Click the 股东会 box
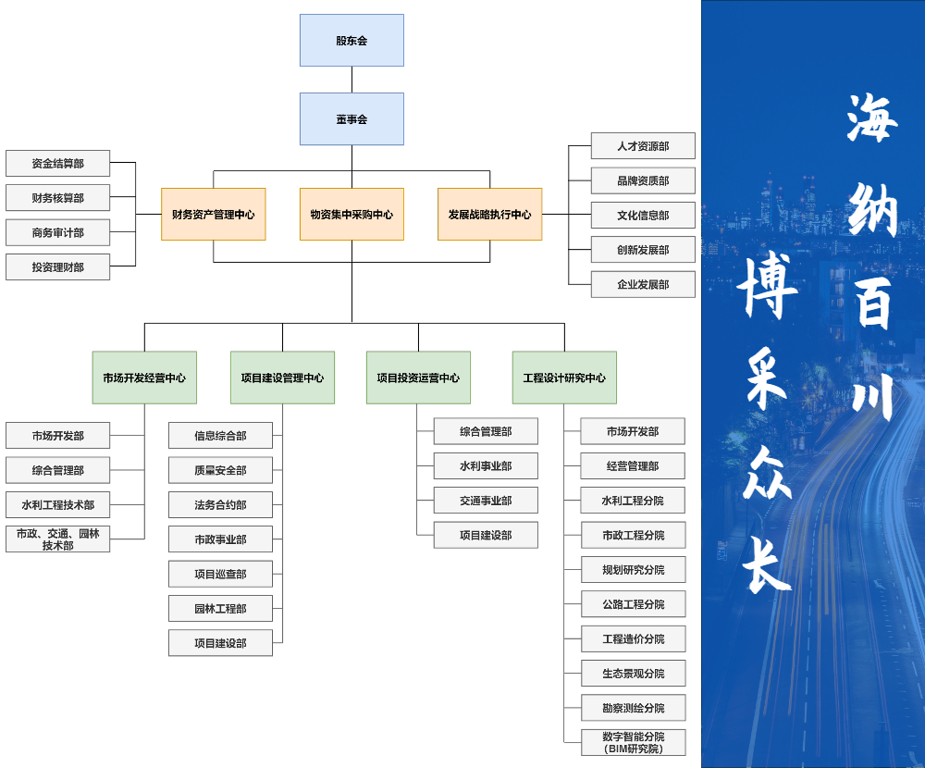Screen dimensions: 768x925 [x=351, y=40]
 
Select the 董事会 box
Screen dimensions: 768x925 [x=351, y=118]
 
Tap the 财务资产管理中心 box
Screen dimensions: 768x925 [x=213, y=214]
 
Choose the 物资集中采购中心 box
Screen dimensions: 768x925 [x=351, y=214]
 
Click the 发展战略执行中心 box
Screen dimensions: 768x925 [x=489, y=214]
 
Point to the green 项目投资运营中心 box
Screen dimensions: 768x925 [x=418, y=378]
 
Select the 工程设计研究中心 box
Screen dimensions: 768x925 [x=564, y=378]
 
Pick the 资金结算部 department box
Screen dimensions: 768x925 [x=57, y=163]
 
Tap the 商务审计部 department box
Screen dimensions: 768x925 [x=57, y=232]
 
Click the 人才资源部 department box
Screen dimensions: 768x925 [x=643, y=146]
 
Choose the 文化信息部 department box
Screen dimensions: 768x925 [x=643, y=215]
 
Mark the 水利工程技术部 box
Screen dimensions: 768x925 [x=57, y=504]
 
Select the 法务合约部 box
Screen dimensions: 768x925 [x=220, y=504]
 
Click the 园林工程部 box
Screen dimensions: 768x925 [x=220, y=608]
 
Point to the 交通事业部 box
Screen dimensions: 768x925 [x=486, y=500]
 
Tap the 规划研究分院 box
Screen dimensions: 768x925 [x=633, y=569]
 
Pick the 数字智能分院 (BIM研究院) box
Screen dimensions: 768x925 [x=633, y=743]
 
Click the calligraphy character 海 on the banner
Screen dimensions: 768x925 [x=871, y=118]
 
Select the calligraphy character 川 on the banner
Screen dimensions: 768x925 [x=871, y=396]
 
